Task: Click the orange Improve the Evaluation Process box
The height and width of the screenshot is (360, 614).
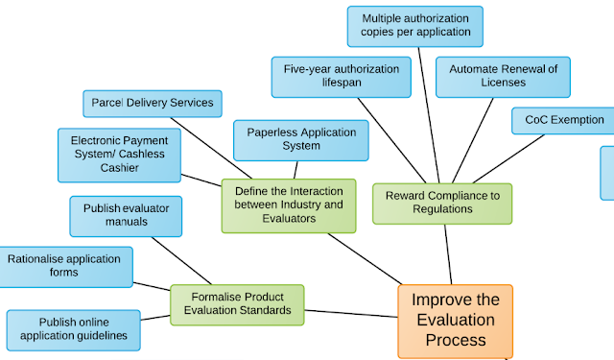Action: [455, 321]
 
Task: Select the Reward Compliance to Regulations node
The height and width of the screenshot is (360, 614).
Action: [442, 203]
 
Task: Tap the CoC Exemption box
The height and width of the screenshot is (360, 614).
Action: [564, 120]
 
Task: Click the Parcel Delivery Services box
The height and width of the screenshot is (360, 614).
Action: [153, 103]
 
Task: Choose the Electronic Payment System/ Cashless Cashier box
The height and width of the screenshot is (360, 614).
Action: [118, 155]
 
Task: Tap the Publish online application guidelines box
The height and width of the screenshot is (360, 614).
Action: [74, 329]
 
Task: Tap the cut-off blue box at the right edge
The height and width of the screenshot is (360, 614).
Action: [607, 173]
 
